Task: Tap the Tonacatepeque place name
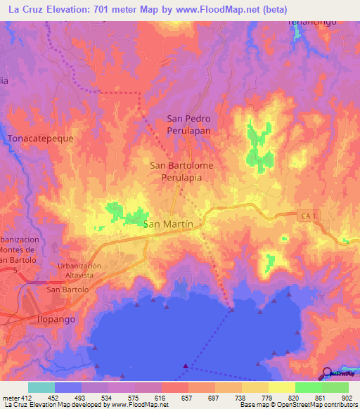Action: click(40, 139)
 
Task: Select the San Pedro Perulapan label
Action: click(188, 124)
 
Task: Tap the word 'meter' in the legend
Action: click(10, 397)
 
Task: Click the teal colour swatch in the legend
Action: click(41, 387)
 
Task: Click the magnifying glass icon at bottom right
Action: click(327, 372)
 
